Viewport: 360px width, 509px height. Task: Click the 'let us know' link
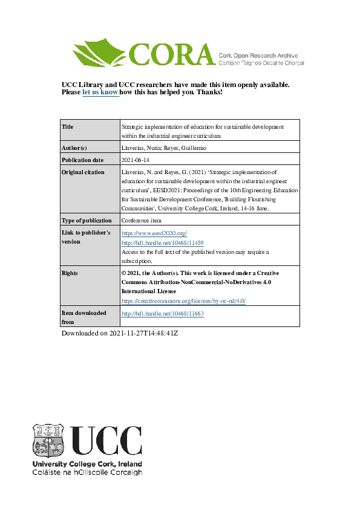coord(100,92)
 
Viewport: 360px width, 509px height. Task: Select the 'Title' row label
coord(68,127)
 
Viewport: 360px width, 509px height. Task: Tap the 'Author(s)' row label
coord(74,148)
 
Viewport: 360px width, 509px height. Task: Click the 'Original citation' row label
coord(83,172)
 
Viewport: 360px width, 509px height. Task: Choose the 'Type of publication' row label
coord(87,221)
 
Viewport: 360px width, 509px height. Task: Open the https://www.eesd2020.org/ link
coord(154,233)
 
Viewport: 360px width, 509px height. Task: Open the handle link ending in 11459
coord(159,242)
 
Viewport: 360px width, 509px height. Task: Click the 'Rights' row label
coord(70,273)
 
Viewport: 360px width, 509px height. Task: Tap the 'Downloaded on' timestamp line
coord(120,333)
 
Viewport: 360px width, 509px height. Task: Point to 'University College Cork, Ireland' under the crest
coord(87,464)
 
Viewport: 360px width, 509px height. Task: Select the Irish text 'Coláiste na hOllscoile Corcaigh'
coord(87,472)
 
